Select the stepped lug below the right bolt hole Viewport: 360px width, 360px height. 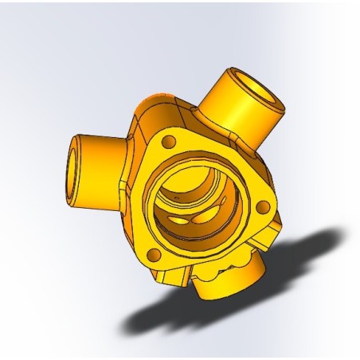267,235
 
